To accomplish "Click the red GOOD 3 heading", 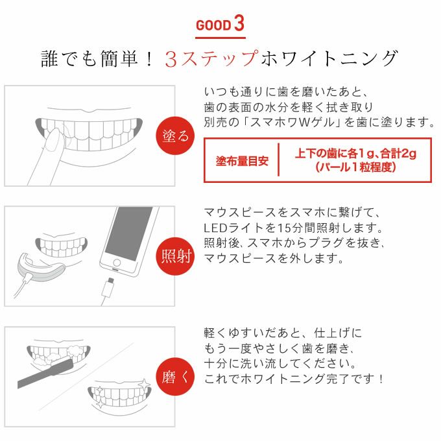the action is click(220, 24).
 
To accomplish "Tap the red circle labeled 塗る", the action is click(175, 136).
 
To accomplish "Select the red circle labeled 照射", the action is click(175, 256).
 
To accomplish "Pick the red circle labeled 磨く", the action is click(175, 377).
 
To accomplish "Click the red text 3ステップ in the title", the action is click(211, 59).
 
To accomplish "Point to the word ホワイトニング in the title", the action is click(329, 58).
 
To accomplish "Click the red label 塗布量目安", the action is click(242, 161).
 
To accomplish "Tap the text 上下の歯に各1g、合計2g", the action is click(355, 154).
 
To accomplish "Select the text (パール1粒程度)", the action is click(355, 167).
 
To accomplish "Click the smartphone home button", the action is click(117, 263).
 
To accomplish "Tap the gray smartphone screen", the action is click(128, 234).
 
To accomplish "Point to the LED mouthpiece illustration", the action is click(40, 268).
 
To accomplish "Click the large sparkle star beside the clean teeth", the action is click(144, 385).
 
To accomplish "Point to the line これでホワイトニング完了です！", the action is click(294, 379).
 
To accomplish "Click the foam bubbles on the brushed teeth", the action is click(75, 352).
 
